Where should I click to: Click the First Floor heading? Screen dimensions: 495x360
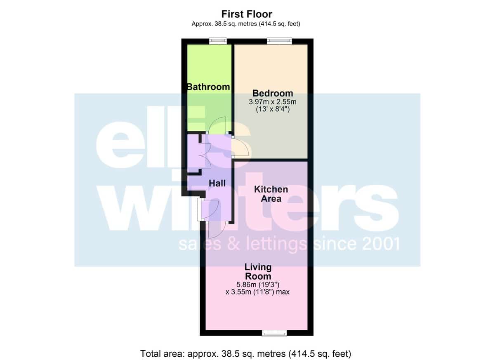(247, 14)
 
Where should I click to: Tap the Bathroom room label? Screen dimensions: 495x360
(208, 87)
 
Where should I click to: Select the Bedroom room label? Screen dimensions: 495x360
(273, 93)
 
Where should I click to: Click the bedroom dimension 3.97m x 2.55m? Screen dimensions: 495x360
(273, 102)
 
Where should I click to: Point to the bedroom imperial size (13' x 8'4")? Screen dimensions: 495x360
(273, 109)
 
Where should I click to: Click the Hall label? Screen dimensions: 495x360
(217, 184)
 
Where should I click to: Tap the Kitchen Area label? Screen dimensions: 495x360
(271, 194)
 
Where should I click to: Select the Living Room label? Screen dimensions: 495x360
(258, 272)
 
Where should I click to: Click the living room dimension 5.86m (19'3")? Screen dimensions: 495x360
(258, 285)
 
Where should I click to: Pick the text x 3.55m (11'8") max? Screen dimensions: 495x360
(257, 292)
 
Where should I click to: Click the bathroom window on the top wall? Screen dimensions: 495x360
(218, 41)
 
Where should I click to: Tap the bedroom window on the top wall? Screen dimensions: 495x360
(280, 41)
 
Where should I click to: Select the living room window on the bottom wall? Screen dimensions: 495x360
(274, 333)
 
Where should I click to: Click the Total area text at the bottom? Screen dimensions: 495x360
(246, 354)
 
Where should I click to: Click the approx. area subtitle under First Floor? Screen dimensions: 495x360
(246, 24)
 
